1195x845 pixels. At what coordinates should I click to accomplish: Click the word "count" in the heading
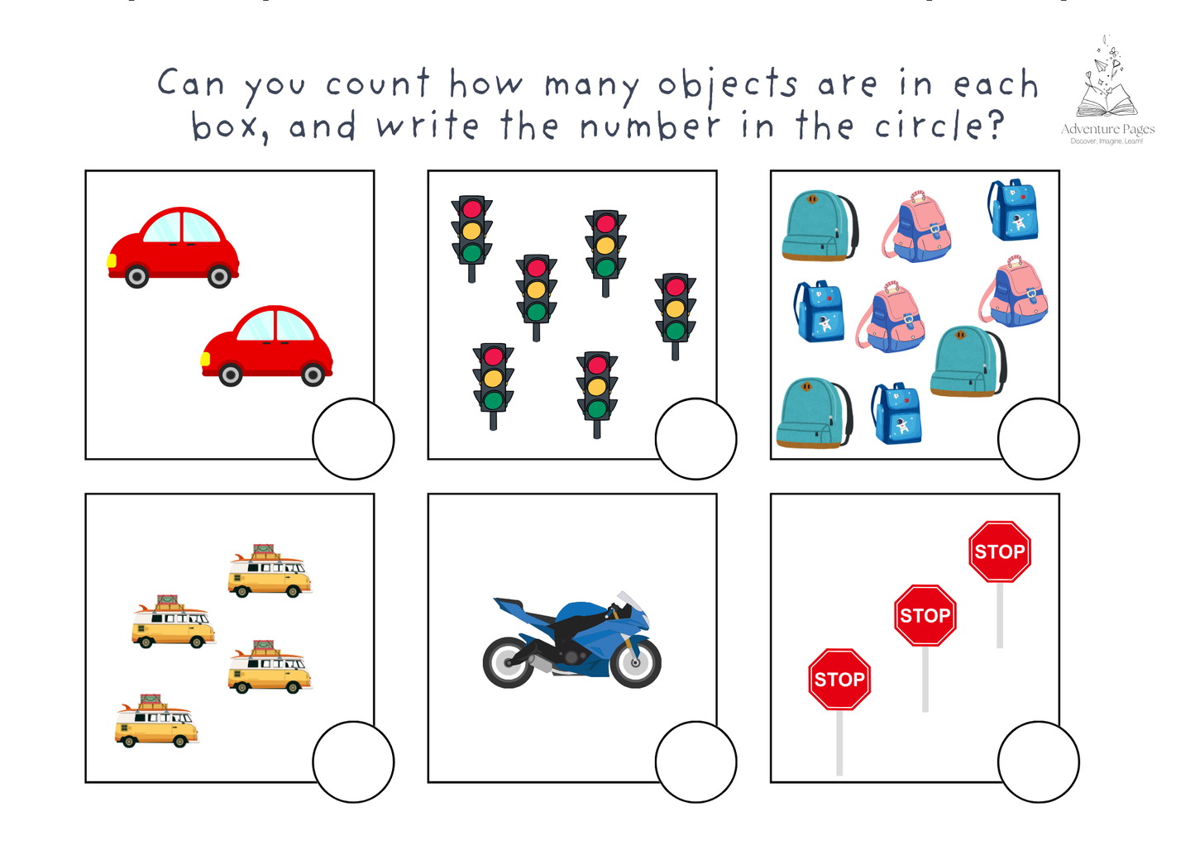[x=377, y=84]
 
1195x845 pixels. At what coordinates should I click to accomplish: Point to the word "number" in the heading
[x=650, y=127]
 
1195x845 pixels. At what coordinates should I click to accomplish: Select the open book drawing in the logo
[x=1107, y=104]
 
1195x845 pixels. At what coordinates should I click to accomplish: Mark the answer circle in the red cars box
[x=353, y=438]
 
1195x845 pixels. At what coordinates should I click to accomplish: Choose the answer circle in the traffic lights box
[x=695, y=438]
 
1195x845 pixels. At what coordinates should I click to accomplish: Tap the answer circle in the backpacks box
[x=1038, y=438]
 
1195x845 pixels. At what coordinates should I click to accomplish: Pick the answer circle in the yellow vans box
[x=353, y=761]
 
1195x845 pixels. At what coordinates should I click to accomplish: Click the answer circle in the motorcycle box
[x=695, y=761]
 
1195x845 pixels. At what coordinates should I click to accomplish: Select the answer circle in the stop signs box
[x=1038, y=761]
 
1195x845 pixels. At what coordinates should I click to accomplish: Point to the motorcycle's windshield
[x=631, y=600]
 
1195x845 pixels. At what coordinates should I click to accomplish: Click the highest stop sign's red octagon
[x=1000, y=551]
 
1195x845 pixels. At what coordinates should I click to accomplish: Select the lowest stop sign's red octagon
[x=839, y=679]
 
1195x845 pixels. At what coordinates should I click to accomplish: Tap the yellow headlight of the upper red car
[x=112, y=261]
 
